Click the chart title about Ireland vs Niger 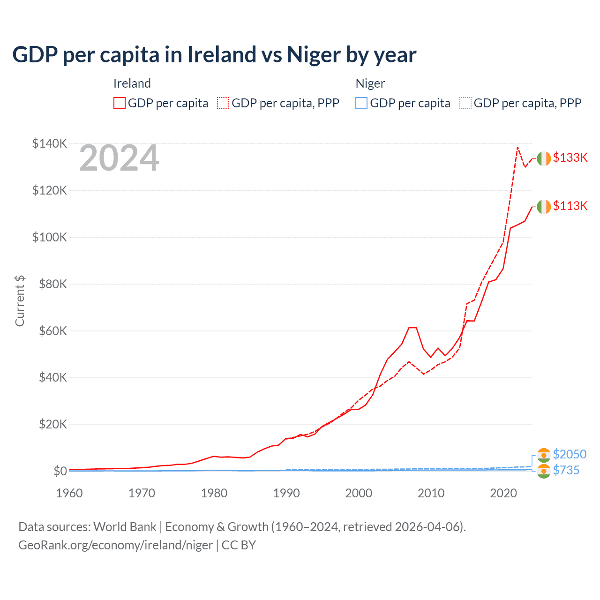pyautogui.click(x=214, y=55)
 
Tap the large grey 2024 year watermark pyautogui.click(x=119, y=158)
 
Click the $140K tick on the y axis pyautogui.click(x=49, y=143)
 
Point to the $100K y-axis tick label pyautogui.click(x=49, y=237)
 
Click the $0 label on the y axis pyautogui.click(x=60, y=471)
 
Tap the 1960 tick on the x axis pyautogui.click(x=69, y=493)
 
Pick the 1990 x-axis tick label pyautogui.click(x=286, y=493)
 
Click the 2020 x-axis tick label pyautogui.click(x=503, y=493)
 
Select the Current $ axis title pyautogui.click(x=20, y=301)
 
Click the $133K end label pyautogui.click(x=570, y=157)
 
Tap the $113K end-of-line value pyautogui.click(x=570, y=206)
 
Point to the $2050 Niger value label pyautogui.click(x=570, y=454)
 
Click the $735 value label pyautogui.click(x=566, y=470)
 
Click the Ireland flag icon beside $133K pyautogui.click(x=544, y=159)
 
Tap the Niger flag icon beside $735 pyautogui.click(x=544, y=471)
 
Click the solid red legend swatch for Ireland pyautogui.click(x=120, y=103)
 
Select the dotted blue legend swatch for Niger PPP pyautogui.click(x=465, y=103)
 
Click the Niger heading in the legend pyautogui.click(x=370, y=83)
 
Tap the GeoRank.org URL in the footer pyautogui.click(x=115, y=545)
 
